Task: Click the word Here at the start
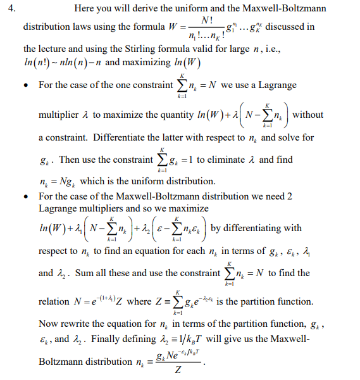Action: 85,9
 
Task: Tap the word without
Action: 308,115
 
